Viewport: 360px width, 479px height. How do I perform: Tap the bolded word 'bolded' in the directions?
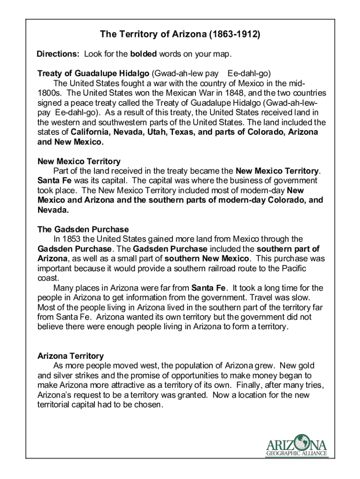click(x=144, y=54)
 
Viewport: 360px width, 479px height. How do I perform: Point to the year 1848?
click(x=224, y=93)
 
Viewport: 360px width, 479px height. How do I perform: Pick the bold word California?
click(x=95, y=132)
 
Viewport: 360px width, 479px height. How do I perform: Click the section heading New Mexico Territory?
click(x=79, y=161)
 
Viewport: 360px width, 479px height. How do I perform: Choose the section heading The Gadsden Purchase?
click(x=83, y=229)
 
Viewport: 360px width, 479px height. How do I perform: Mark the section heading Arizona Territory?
click(x=70, y=356)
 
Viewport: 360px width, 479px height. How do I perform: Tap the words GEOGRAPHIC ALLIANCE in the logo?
click(x=296, y=453)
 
